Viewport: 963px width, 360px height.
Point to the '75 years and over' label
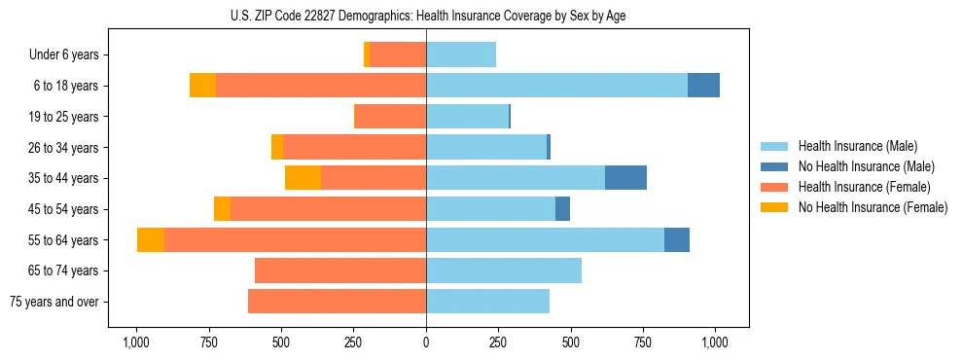(x=54, y=302)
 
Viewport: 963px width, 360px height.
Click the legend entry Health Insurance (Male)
(x=857, y=146)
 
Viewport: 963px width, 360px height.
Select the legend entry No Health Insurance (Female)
(x=872, y=207)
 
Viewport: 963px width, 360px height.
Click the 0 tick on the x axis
(x=426, y=342)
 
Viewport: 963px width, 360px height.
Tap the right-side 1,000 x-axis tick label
(x=715, y=342)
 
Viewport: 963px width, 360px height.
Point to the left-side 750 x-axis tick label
(x=208, y=342)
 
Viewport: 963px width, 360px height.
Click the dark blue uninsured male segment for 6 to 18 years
(x=703, y=86)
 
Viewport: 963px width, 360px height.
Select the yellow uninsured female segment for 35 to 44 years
(x=303, y=178)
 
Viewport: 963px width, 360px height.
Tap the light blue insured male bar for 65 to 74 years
(x=504, y=270)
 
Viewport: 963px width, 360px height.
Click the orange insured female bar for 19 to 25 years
(x=391, y=117)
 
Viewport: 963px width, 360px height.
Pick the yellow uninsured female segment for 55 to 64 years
(x=151, y=239)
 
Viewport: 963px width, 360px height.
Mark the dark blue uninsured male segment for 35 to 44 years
(x=625, y=178)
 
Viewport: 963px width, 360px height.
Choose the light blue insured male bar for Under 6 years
(x=461, y=55)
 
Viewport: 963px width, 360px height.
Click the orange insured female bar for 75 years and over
(x=338, y=302)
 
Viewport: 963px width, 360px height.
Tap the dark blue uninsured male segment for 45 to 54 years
(x=562, y=209)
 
